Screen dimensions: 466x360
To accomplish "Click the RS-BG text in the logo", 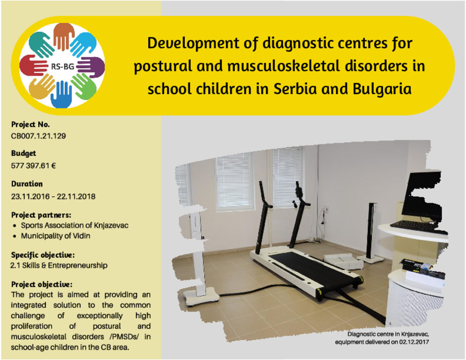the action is coord(62,66).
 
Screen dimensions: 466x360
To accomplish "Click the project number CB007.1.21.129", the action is coord(38,136).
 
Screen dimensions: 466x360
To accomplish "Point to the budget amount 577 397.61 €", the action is coord(33,166).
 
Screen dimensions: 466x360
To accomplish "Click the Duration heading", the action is coord(27,184).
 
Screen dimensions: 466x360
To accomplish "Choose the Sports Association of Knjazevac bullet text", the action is coord(75,225).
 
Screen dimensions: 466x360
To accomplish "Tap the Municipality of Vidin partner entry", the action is coord(55,236).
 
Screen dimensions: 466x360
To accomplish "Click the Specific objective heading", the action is coord(43,255).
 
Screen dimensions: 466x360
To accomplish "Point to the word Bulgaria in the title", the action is coord(382,89).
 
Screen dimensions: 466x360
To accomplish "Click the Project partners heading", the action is coord(41,215).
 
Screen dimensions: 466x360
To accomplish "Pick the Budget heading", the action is coord(23,154).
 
